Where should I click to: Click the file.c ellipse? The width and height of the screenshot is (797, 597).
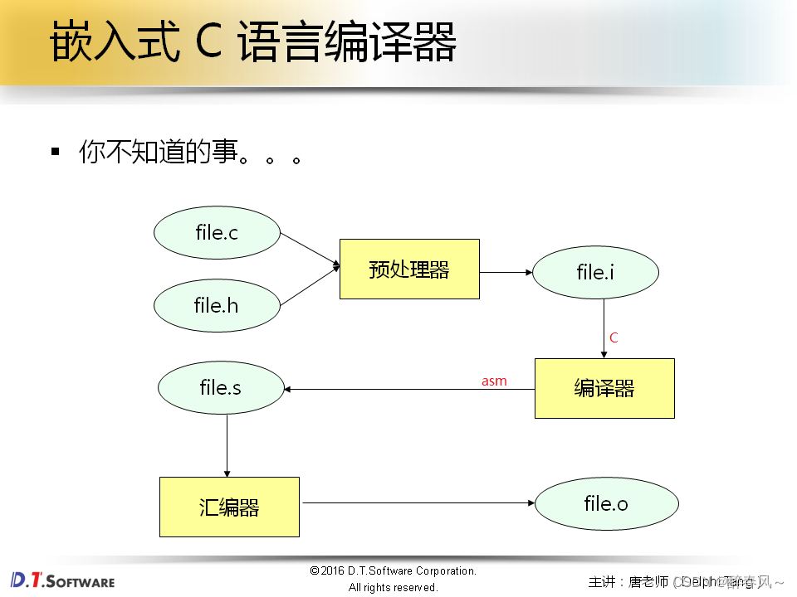(217, 233)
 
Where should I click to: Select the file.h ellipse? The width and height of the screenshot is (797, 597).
(217, 305)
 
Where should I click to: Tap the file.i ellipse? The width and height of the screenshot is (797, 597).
(595, 272)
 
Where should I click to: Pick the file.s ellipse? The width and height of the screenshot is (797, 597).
(221, 387)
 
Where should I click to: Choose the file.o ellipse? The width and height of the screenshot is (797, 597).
(606, 502)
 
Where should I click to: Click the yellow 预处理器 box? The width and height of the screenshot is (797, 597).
(409, 269)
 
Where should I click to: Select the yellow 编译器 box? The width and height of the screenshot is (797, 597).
(604, 388)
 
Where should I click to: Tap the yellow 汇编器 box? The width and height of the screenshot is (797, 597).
(229, 507)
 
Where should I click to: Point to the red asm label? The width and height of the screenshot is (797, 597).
(494, 381)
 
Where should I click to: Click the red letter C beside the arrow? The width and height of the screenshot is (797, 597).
(614, 337)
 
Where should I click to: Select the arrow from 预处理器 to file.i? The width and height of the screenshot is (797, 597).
(506, 271)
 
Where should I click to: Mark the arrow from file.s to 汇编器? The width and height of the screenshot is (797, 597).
(227, 445)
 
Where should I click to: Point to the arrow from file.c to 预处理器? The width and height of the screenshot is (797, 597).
(310, 250)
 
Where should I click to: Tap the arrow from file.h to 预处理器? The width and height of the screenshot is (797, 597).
(310, 286)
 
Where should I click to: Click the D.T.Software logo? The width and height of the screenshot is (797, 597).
(63, 580)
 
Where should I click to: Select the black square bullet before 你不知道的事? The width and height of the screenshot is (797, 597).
(56, 151)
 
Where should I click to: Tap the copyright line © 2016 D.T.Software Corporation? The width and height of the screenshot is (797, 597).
(393, 570)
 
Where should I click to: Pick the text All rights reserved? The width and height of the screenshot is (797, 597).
(393, 587)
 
